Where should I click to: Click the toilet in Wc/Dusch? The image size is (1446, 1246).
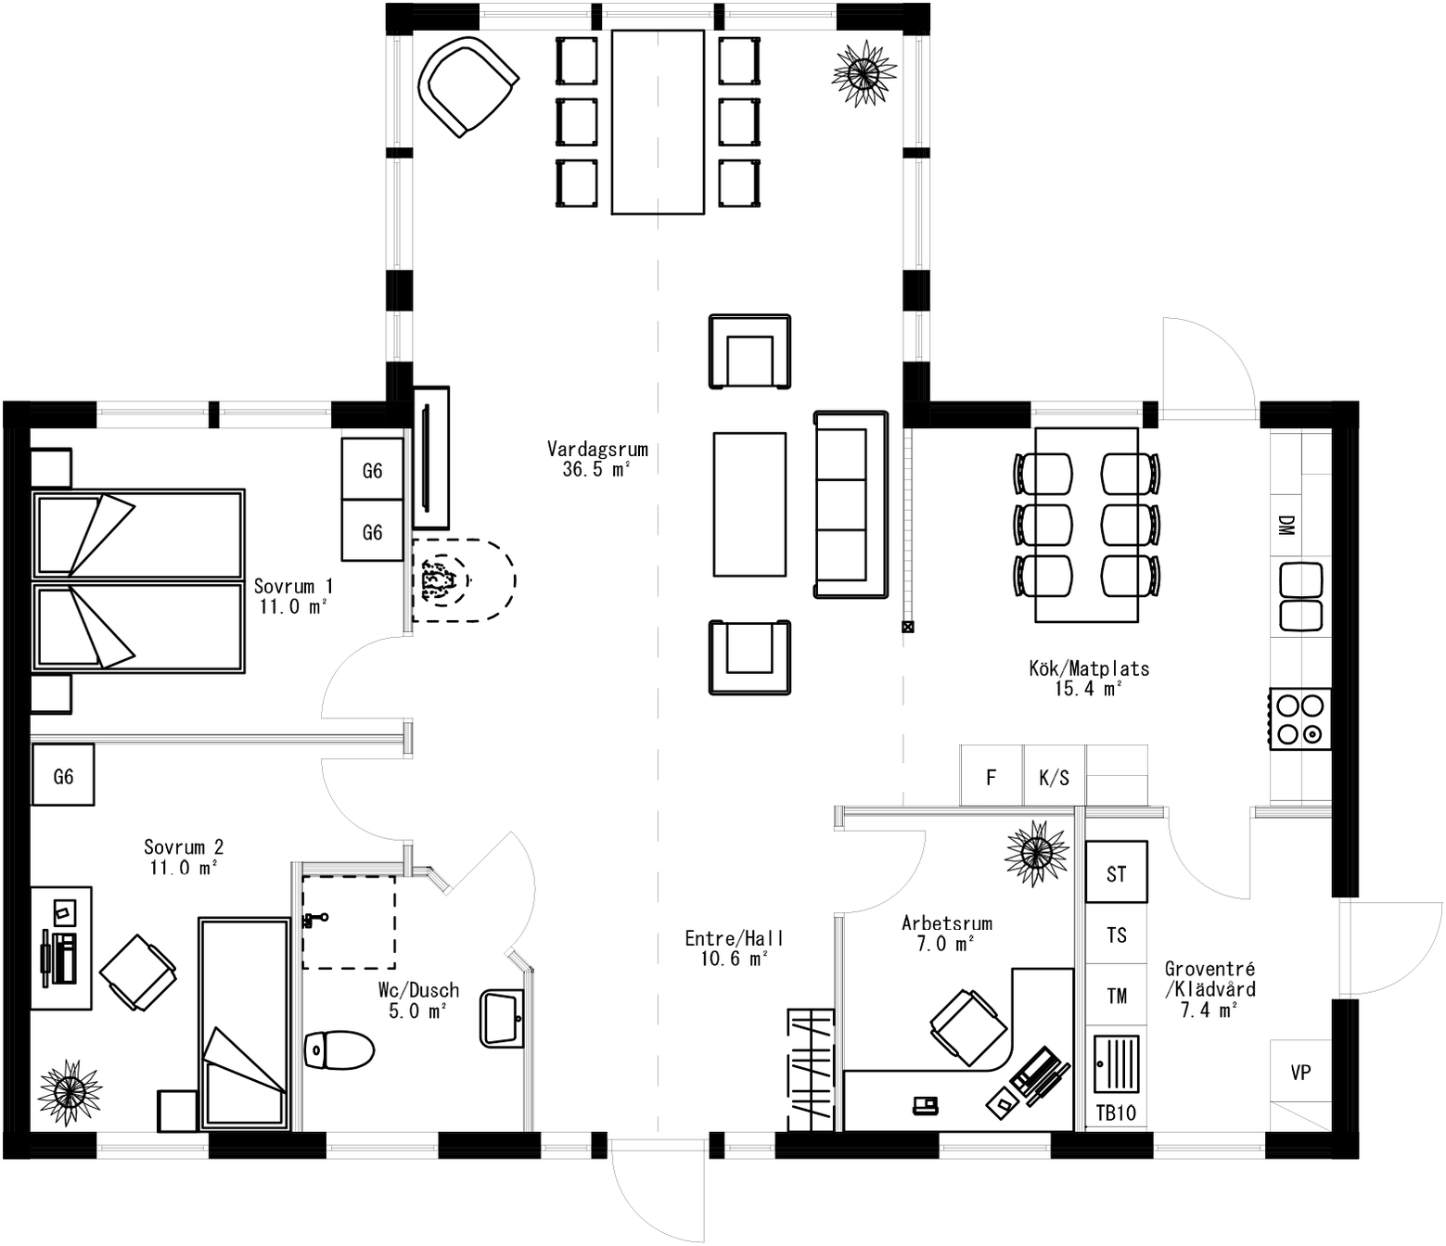339,1050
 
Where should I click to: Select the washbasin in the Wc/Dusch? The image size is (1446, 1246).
503,1019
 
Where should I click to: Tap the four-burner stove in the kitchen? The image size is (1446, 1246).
1300,718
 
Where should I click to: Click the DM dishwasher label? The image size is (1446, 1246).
1286,526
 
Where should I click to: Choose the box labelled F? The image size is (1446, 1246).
992,777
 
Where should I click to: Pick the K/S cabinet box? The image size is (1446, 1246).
1055,777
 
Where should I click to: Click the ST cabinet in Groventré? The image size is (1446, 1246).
1116,872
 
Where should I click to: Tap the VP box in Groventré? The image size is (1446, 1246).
1300,1072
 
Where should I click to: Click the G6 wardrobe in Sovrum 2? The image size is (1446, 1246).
63,775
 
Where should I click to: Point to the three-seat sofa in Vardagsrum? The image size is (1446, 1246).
851,504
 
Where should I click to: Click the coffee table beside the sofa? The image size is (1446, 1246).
749,504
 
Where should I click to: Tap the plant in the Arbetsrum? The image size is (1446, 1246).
1037,852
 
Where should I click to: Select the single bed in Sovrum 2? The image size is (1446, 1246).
244,1023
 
